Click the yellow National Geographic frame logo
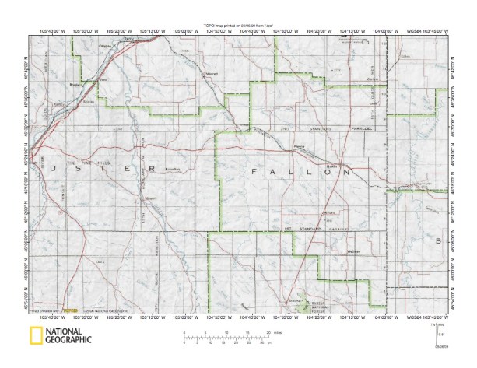[35, 337]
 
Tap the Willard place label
[330, 212]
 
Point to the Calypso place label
[105, 46]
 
